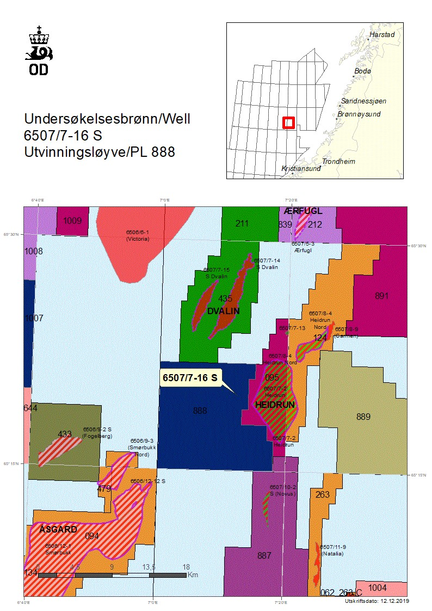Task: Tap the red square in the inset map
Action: click(x=289, y=123)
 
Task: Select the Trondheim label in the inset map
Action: click(x=338, y=162)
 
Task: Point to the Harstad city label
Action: click(x=382, y=34)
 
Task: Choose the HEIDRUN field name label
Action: click(x=275, y=405)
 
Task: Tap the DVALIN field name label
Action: click(x=223, y=310)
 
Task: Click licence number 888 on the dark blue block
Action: click(x=200, y=411)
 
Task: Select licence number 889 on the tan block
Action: click(x=363, y=417)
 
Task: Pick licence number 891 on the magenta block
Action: click(x=382, y=296)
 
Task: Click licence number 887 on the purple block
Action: click(x=264, y=555)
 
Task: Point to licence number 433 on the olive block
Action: click(x=65, y=434)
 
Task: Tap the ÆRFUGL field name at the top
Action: click(x=303, y=211)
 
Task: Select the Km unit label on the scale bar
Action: click(x=193, y=575)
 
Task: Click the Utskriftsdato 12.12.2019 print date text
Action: click(x=377, y=601)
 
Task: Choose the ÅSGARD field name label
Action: click(x=58, y=529)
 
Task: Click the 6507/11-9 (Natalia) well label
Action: click(x=334, y=549)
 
